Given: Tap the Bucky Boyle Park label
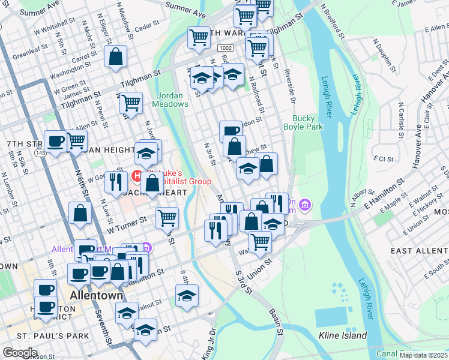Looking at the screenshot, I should (307, 122).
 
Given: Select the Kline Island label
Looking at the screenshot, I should (343, 335).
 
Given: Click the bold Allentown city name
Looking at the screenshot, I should (97, 296).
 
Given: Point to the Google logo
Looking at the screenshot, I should (20, 353).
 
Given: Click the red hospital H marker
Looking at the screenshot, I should (136, 176).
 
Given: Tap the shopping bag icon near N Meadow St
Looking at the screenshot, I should (115, 58).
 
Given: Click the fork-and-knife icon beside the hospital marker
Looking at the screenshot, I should (113, 181).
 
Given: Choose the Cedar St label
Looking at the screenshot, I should (145, 27).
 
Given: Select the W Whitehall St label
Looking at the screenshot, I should (54, 28).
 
